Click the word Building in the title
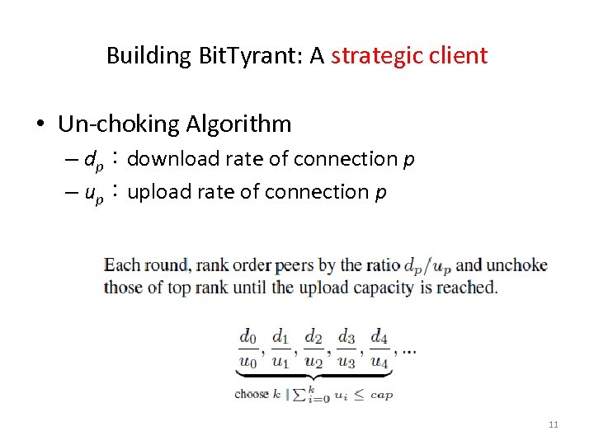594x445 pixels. [x=149, y=56]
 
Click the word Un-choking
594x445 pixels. [x=119, y=124]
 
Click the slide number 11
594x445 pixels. [x=553, y=424]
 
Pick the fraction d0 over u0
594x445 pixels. [x=248, y=348]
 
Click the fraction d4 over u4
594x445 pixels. [x=379, y=348]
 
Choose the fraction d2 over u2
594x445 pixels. [x=313, y=348]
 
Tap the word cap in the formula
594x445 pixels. [x=381, y=395]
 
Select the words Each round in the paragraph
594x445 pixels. [x=138, y=265]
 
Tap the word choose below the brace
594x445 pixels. [x=252, y=394]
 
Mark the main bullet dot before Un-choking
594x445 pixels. [x=40, y=125]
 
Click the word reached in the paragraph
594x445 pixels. [x=470, y=288]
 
